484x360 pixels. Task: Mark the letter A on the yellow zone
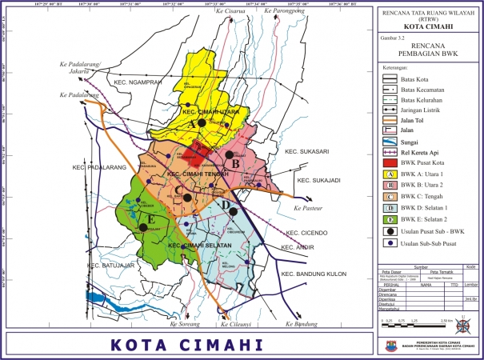pos(192,111)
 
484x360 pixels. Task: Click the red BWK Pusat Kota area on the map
pos(194,154)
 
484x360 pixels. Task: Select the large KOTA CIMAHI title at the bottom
pos(187,345)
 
